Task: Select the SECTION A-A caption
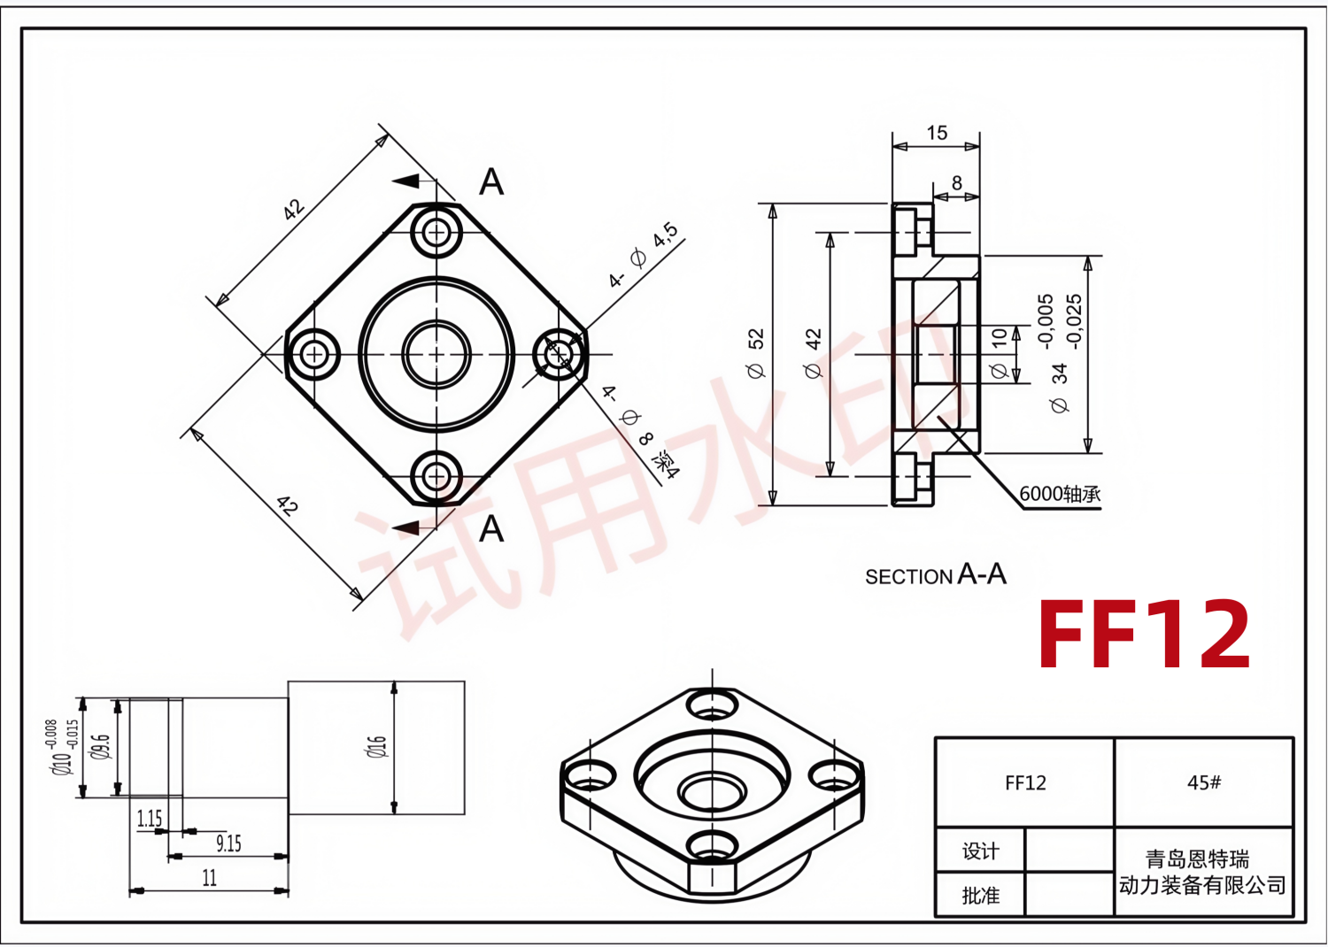pyautogui.click(x=936, y=574)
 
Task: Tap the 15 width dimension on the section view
pyautogui.click(x=937, y=132)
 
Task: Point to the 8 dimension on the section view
pyautogui.click(x=956, y=182)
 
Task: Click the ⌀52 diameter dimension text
pyautogui.click(x=756, y=353)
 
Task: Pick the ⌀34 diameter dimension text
pyautogui.click(x=1059, y=388)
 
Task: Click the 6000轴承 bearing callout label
pyautogui.click(x=1060, y=494)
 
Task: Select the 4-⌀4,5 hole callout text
pyautogui.click(x=643, y=256)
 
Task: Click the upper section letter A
pyautogui.click(x=491, y=181)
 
